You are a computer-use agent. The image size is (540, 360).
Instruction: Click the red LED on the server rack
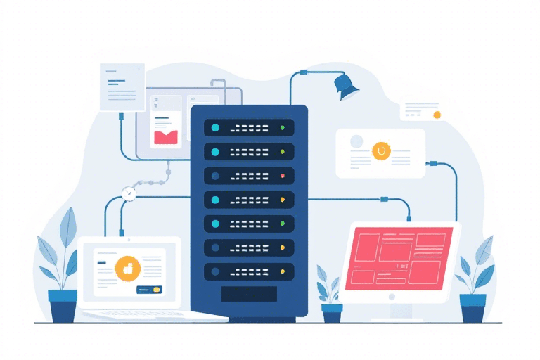click(x=283, y=175)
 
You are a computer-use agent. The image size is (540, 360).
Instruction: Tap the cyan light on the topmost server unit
click(x=215, y=128)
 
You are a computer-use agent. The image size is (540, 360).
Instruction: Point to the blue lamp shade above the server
click(x=346, y=86)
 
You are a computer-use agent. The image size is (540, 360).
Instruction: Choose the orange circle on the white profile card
click(x=381, y=151)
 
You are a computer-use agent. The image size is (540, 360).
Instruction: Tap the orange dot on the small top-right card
click(x=437, y=114)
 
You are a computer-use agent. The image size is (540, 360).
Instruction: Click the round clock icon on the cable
click(x=128, y=193)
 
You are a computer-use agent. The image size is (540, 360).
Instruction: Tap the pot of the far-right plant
click(x=472, y=309)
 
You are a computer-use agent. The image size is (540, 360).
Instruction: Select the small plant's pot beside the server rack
click(x=332, y=313)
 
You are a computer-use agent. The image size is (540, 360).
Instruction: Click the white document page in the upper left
click(x=122, y=86)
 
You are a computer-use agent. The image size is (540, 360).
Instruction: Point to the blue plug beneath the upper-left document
click(x=122, y=115)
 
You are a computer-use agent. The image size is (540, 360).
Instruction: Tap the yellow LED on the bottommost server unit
click(x=283, y=271)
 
